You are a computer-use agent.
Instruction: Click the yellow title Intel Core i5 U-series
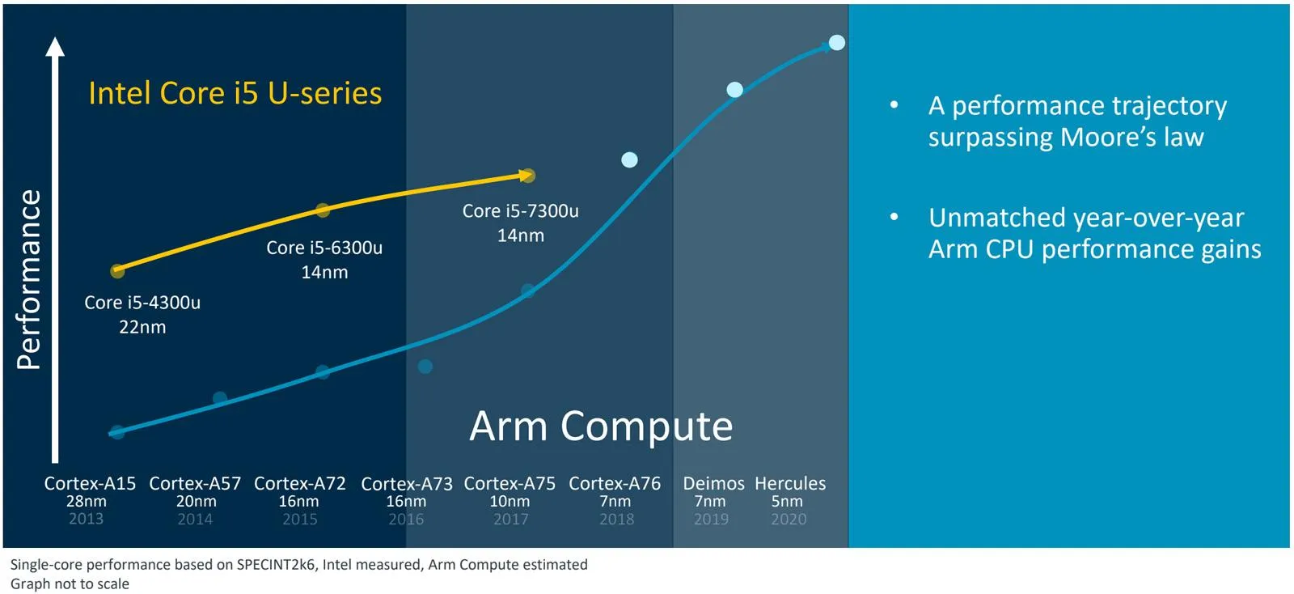click(x=235, y=94)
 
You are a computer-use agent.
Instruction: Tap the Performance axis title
click(x=29, y=280)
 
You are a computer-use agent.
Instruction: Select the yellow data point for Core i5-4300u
click(x=117, y=271)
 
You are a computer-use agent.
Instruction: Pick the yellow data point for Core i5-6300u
click(x=323, y=210)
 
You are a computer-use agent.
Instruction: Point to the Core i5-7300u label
click(x=520, y=211)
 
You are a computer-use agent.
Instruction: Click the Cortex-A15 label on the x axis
click(x=90, y=483)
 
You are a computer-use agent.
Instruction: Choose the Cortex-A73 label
click(x=406, y=484)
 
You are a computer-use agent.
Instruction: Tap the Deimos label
click(x=713, y=483)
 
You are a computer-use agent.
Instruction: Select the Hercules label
click(x=790, y=483)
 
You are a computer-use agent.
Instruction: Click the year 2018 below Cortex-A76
click(x=616, y=520)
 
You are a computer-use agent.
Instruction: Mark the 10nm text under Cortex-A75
click(x=510, y=502)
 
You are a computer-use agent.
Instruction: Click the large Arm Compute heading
click(x=601, y=426)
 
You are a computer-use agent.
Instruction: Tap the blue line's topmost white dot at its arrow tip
click(x=837, y=42)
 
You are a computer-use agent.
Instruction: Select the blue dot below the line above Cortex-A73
click(x=425, y=367)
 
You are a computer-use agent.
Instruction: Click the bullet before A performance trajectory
click(x=894, y=105)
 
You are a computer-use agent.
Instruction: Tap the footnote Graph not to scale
click(x=70, y=584)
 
